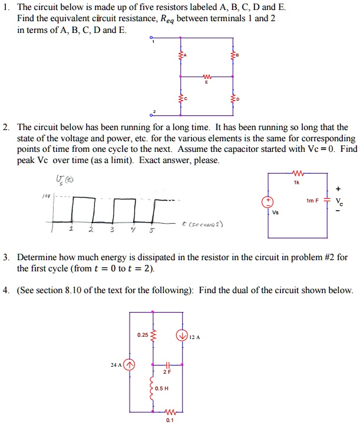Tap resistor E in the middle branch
point(206,76)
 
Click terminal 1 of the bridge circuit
point(152,38)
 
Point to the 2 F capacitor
point(168,366)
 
